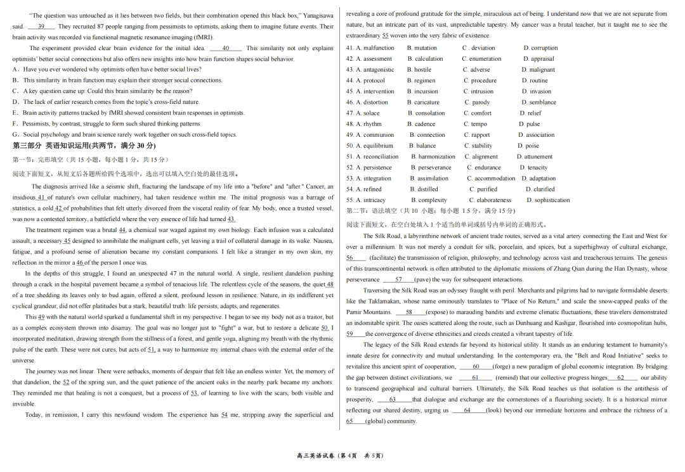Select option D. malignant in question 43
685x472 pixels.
click(538, 70)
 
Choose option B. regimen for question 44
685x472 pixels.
click(421, 80)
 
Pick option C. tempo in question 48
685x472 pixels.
click(475, 124)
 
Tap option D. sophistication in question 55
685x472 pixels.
click(548, 200)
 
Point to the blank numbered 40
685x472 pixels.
click(226, 48)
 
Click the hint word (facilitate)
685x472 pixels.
click(383, 258)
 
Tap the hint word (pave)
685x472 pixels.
click(422, 279)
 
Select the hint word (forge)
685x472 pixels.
click(502, 367)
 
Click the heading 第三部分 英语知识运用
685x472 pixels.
click(51, 146)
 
